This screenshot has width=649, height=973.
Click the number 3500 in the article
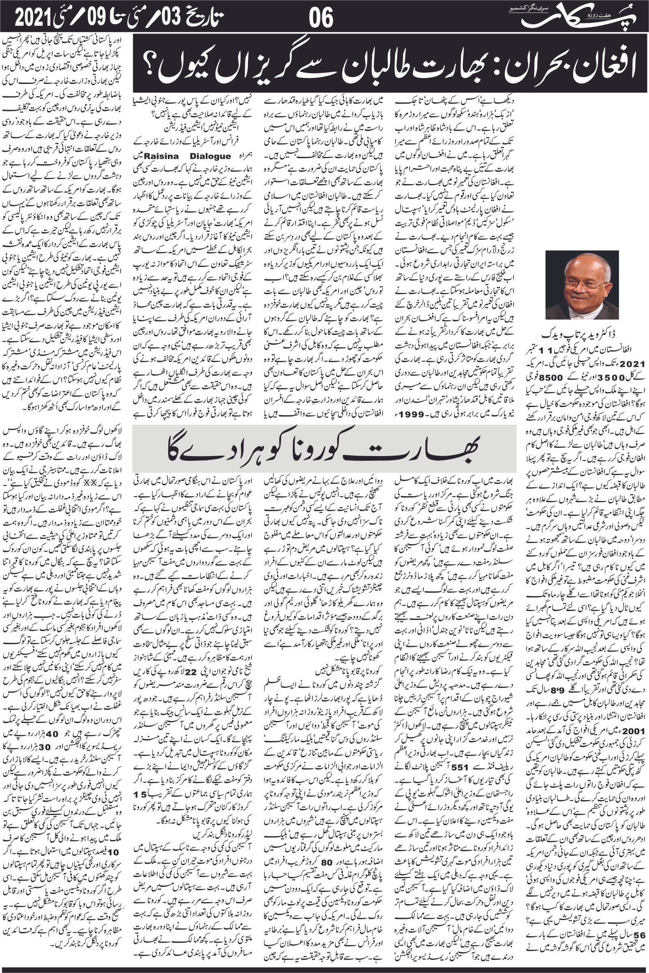(x=608, y=378)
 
